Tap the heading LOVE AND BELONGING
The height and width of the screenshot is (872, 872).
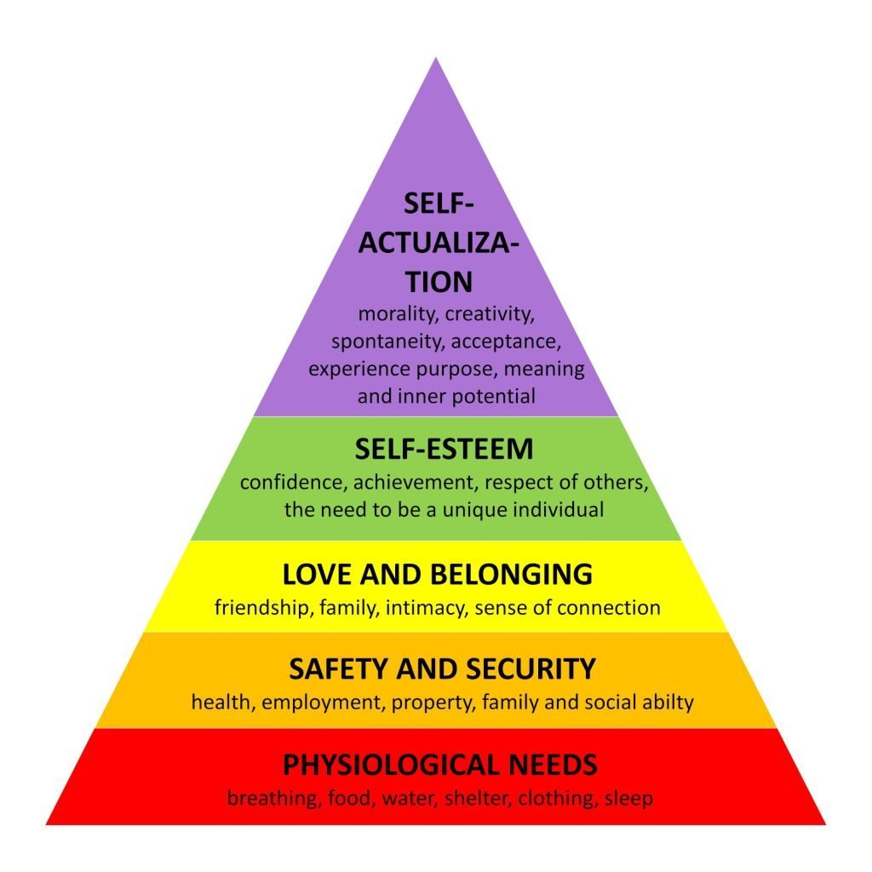[x=437, y=575]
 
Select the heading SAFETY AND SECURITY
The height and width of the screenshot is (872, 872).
[x=442, y=669]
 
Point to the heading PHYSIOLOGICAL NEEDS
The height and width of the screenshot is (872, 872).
[x=440, y=765]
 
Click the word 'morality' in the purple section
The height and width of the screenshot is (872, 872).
[x=393, y=314]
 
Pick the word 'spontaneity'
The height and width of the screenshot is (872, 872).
[x=387, y=341]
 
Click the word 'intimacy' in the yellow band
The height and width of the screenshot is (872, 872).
[x=425, y=608]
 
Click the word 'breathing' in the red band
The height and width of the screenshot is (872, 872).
[x=269, y=800]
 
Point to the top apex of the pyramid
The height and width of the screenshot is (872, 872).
[x=436, y=60]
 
